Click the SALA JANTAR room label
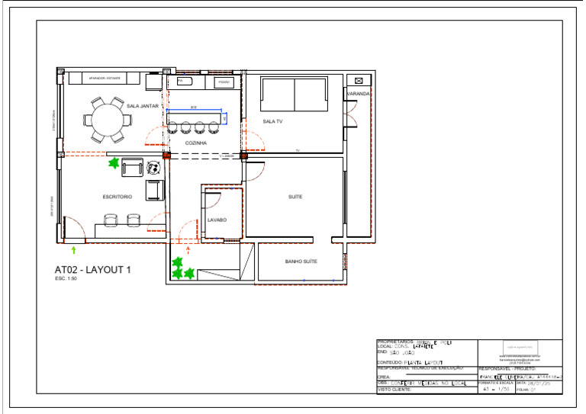[x=143, y=106]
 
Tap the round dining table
[x=107, y=119]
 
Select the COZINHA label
[x=196, y=143]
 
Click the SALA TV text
[x=272, y=121]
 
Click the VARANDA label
[x=358, y=94]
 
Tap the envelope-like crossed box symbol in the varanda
[x=359, y=80]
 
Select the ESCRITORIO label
[x=118, y=197]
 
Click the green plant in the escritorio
[x=114, y=163]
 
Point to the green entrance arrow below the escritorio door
[x=73, y=249]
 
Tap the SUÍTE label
[x=295, y=197]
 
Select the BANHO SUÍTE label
[x=301, y=262]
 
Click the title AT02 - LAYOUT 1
[x=93, y=269]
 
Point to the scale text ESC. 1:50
[x=66, y=279]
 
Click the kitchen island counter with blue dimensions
[x=198, y=120]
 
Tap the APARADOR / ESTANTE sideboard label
[x=105, y=78]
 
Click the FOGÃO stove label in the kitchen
[x=224, y=82]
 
